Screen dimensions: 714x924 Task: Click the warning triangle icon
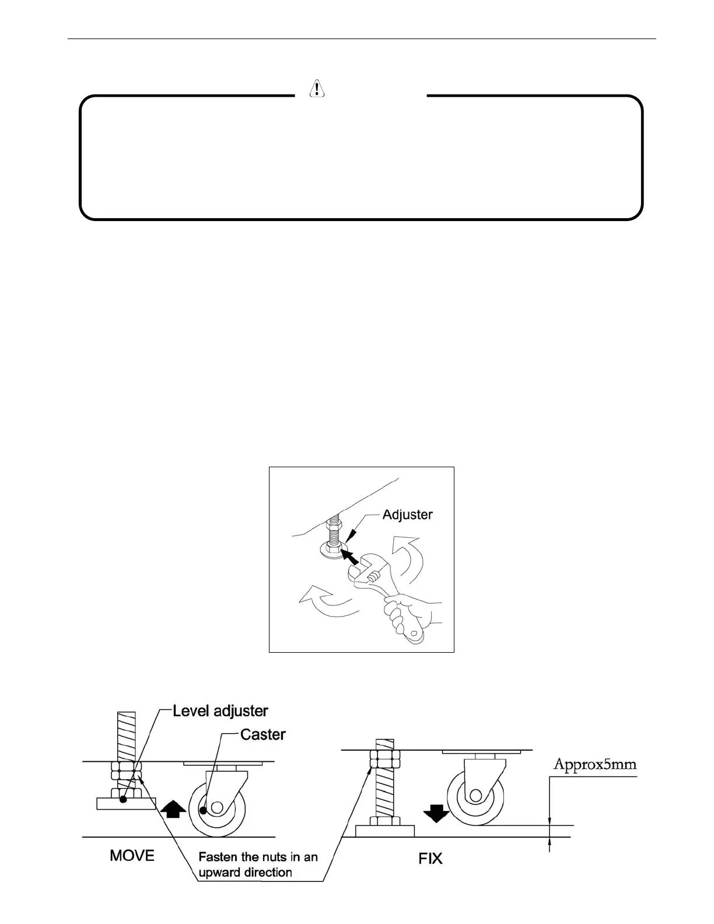click(x=316, y=87)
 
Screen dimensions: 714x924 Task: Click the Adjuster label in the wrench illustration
click(x=407, y=514)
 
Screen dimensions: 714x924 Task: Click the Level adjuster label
click(x=220, y=710)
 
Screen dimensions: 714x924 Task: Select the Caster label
click(x=263, y=734)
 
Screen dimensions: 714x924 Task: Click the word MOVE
click(x=132, y=855)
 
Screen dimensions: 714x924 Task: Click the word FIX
click(x=430, y=858)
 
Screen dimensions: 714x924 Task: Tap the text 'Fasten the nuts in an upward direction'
click(x=258, y=864)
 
